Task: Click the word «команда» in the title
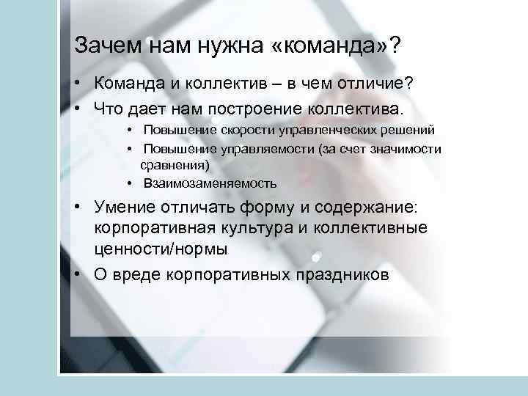pyautogui.click(x=329, y=46)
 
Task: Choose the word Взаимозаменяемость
pyautogui.click(x=210, y=183)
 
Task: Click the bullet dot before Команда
pyautogui.click(x=77, y=86)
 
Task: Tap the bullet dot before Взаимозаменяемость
pyautogui.click(x=128, y=183)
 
